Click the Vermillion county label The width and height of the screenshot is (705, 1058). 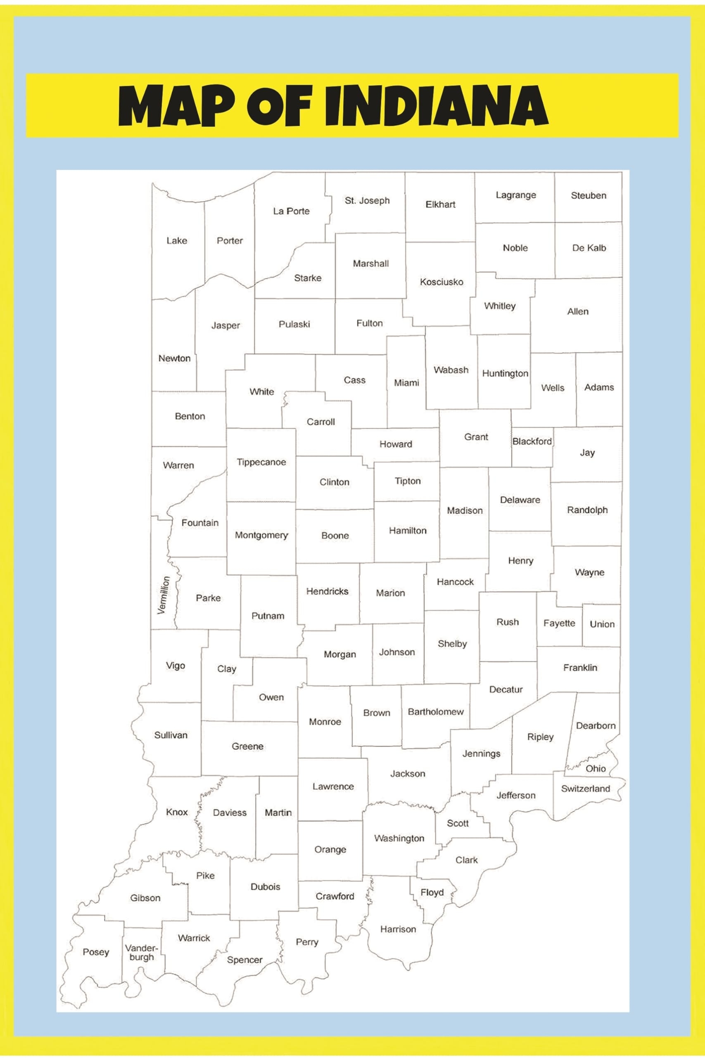pyautogui.click(x=164, y=595)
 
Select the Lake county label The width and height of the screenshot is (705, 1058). pyautogui.click(x=177, y=241)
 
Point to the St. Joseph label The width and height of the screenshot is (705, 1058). pyautogui.click(x=367, y=200)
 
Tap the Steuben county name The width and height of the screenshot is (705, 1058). pyautogui.click(x=588, y=195)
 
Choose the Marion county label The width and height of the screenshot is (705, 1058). pyautogui.click(x=390, y=593)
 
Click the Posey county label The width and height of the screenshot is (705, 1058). pyautogui.click(x=96, y=952)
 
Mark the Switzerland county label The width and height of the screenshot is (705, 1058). pyautogui.click(x=585, y=789)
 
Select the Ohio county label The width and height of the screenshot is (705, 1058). pyautogui.click(x=595, y=768)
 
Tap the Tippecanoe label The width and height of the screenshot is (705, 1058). pyautogui.click(x=261, y=462)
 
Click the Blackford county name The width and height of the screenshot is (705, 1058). pyautogui.click(x=532, y=441)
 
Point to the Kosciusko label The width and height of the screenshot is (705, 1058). pyautogui.click(x=441, y=282)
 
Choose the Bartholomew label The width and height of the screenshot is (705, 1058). pyautogui.click(x=435, y=712)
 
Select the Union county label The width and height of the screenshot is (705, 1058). pyautogui.click(x=602, y=624)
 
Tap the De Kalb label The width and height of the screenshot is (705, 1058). pyautogui.click(x=589, y=248)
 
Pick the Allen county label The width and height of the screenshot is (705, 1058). pyautogui.click(x=577, y=311)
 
